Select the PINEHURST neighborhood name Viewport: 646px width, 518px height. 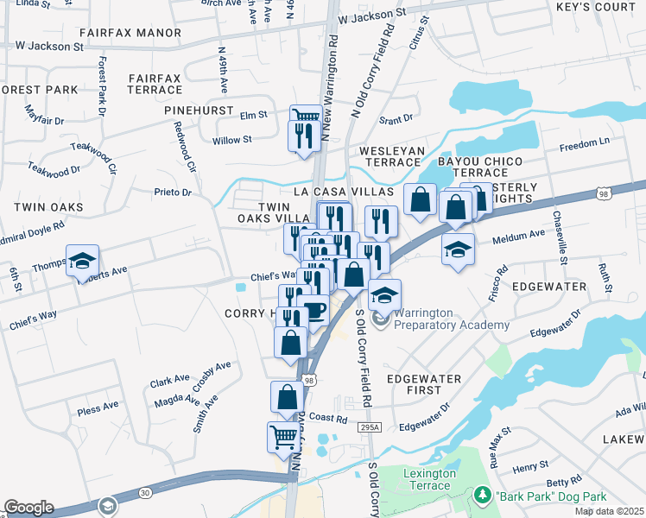pyautogui.click(x=200, y=111)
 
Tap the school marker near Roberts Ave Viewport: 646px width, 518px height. pyautogui.click(x=82, y=261)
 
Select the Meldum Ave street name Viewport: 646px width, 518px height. pyautogui.click(x=518, y=233)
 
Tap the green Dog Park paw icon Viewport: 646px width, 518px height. pyautogui.click(x=482, y=496)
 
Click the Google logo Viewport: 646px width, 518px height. pyautogui.click(x=28, y=507)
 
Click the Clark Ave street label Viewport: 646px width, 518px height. pyautogui.click(x=168, y=380)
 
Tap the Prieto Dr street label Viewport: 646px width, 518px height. pyautogui.click(x=173, y=192)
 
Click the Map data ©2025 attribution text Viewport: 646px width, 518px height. pyautogui.click(x=609, y=511)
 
